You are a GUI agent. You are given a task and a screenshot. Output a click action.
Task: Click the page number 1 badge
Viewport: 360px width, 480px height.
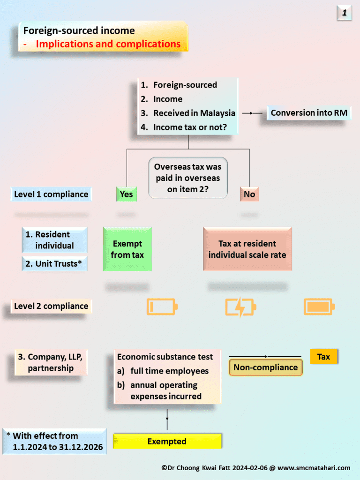coord(344,13)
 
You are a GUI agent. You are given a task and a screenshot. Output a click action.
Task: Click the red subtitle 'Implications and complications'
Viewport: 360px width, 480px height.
coord(108,44)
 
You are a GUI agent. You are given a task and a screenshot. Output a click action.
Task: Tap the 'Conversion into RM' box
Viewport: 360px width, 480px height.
coord(309,113)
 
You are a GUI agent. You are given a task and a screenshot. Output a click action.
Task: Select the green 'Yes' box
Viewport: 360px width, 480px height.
coord(126,194)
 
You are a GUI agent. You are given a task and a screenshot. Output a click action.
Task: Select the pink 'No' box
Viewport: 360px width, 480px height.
coord(249,194)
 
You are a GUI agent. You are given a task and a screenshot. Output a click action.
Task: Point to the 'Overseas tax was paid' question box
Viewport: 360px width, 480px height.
coord(187,178)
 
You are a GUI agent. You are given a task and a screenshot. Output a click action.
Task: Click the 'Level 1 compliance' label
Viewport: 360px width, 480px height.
coord(51,194)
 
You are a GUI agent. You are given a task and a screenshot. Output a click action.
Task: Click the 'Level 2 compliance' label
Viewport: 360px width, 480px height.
coord(51,306)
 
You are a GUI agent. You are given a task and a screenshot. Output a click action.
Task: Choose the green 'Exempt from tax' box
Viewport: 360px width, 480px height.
coord(127,249)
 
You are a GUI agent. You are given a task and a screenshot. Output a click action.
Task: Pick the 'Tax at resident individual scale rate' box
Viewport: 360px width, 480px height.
coord(247,249)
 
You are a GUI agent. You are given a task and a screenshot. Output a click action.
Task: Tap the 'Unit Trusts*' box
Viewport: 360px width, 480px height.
coord(54,263)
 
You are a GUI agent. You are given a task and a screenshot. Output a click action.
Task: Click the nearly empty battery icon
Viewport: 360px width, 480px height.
coord(162,307)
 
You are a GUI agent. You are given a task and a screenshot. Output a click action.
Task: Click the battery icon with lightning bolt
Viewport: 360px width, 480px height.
coord(240,307)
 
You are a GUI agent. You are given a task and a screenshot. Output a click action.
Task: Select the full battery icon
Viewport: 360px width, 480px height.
coord(319,307)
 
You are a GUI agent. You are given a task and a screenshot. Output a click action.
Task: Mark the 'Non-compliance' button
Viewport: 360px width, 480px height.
coord(265,367)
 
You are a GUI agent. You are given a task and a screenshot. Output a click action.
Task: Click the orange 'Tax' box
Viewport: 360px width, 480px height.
coord(323,357)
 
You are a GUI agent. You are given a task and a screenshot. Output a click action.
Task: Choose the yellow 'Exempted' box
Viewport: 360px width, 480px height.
coord(167,442)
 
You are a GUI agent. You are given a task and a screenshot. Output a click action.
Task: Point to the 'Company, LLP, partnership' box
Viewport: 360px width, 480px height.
coord(51,362)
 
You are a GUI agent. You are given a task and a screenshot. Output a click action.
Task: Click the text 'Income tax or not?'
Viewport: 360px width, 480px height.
coord(190,127)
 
